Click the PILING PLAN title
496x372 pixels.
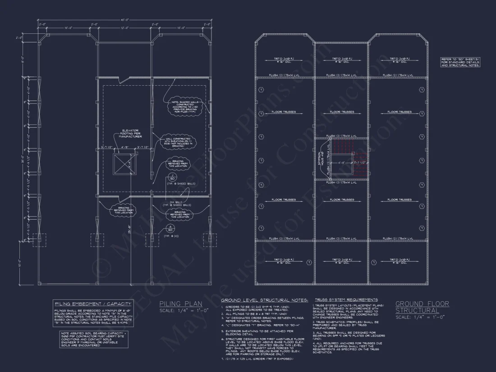tap(181, 304)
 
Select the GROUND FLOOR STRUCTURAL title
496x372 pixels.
tap(422, 307)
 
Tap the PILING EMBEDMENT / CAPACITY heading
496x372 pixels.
tap(93, 304)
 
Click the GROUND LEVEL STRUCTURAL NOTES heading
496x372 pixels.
tap(264, 300)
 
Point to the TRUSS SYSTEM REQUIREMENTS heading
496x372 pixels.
tap(346, 300)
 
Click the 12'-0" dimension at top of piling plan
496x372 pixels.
tap(124, 28)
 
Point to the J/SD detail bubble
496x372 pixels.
tap(172, 176)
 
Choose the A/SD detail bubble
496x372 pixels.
tap(171, 229)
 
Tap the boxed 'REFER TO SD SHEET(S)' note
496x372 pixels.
tap(460, 62)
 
